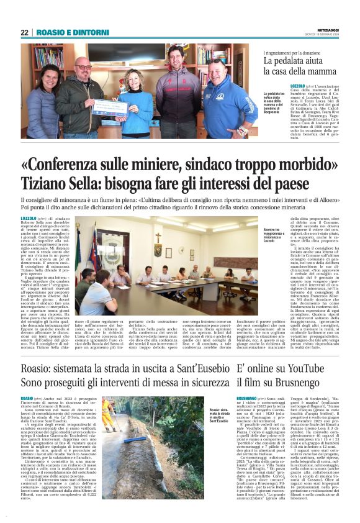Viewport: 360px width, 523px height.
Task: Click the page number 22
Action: (24, 32)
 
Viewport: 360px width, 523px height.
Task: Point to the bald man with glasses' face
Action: (82, 66)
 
